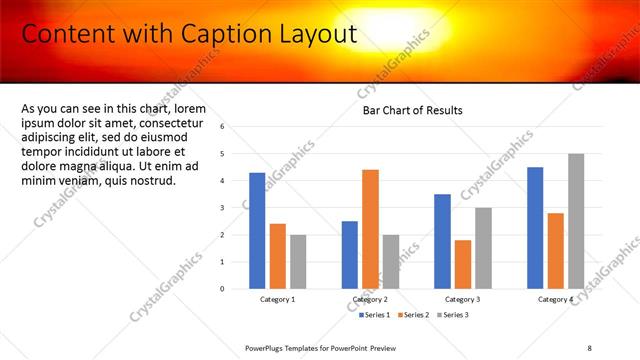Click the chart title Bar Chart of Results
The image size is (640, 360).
(412, 110)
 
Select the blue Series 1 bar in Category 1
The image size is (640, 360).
(257, 230)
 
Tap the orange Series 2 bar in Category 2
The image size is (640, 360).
(370, 229)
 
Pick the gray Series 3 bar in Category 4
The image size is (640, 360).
(576, 221)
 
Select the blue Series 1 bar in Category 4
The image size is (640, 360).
(535, 227)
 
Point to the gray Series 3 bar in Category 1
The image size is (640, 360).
(298, 261)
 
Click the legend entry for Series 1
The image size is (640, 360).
(374, 315)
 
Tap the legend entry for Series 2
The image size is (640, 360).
(414, 315)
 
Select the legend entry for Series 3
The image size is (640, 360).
(453, 315)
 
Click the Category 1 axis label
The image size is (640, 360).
(278, 300)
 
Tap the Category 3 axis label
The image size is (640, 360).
(463, 300)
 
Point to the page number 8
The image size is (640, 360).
(590, 347)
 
